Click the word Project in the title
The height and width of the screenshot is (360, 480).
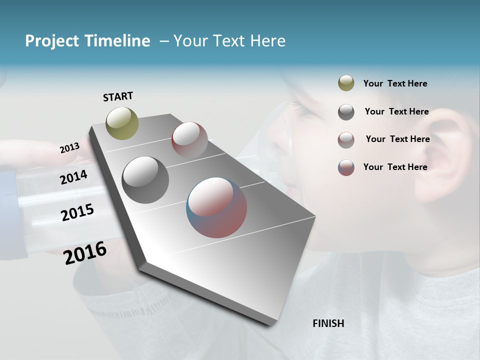point(52,41)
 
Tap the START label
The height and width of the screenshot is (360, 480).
point(118,96)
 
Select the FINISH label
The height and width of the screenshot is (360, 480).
point(328,323)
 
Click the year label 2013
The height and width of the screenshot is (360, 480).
point(69,148)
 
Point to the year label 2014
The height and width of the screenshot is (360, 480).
point(74,177)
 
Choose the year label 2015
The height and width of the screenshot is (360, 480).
point(77,212)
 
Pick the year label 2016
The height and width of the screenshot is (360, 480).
point(85,253)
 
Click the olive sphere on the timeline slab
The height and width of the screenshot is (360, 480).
point(122,123)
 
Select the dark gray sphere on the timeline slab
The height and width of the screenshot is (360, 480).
point(145,180)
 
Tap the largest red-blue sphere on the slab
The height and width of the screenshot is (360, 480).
point(216,207)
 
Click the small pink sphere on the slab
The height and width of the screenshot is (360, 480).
point(189,139)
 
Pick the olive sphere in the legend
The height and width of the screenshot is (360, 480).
point(346,83)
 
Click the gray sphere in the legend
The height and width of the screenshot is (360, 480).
point(346,112)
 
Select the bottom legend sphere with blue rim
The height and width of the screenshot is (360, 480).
point(346,167)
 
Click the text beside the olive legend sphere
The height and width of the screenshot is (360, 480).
point(395,83)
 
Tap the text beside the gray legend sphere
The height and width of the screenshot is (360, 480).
point(396,111)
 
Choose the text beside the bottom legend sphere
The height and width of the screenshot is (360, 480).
point(395,167)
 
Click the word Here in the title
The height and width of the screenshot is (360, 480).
point(268,41)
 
